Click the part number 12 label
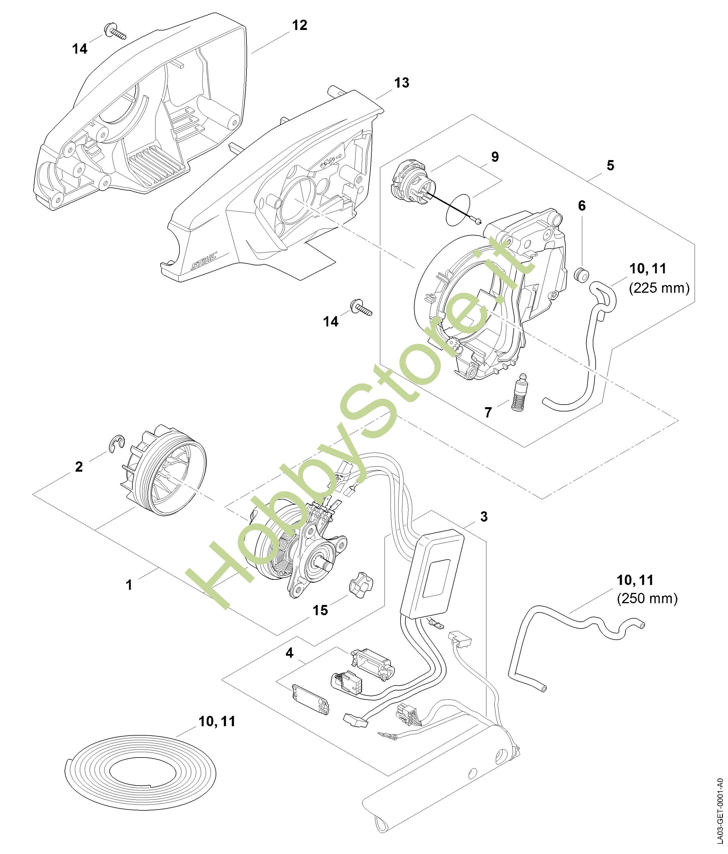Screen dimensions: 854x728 tap(300, 26)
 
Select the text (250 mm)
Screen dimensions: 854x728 tap(647, 599)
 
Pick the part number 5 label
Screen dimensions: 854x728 tap(610, 166)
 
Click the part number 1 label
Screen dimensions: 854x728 tap(129, 585)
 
